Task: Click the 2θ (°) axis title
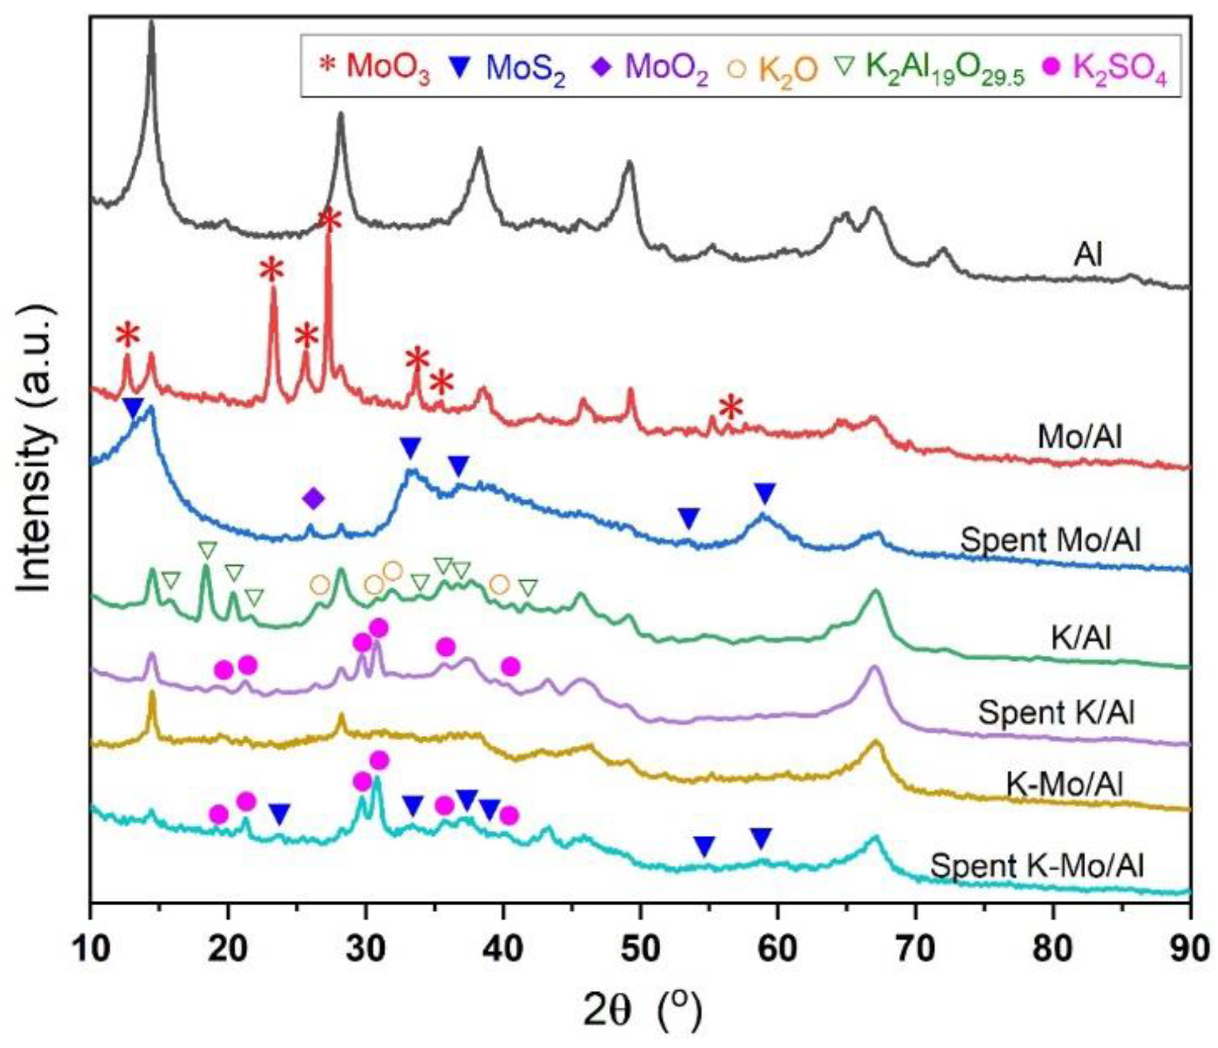point(642,1011)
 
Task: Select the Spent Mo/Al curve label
point(1050,540)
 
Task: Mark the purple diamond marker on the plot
point(313,498)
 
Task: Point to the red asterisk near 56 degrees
point(731,408)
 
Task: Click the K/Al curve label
point(1080,638)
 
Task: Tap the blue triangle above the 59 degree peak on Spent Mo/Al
point(764,494)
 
